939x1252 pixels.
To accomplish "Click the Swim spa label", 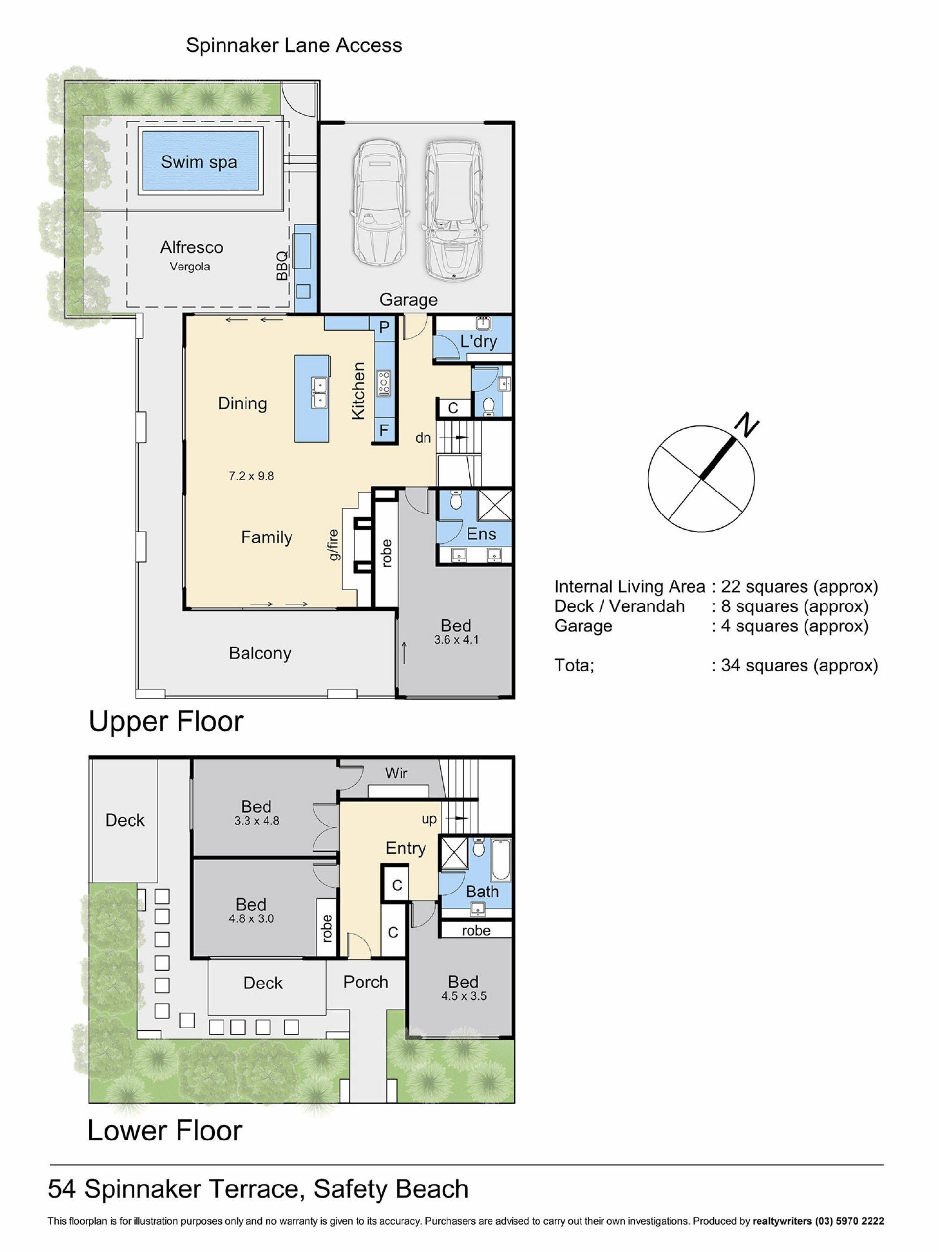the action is point(199,162).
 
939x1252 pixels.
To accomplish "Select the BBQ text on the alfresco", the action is point(282,266).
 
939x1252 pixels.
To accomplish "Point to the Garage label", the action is point(408,299).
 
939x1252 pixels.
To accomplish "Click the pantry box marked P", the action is point(384,327).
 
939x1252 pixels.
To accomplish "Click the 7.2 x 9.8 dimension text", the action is point(251,476).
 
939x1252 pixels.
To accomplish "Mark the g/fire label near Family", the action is point(334,544).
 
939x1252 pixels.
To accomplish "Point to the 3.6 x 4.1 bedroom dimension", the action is point(456,640).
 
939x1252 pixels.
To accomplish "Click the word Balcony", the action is point(260,653).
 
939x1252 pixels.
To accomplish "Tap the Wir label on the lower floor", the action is point(396,773).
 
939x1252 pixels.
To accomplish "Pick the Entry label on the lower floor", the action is point(406,848).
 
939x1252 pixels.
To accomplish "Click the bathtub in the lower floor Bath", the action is point(500,859).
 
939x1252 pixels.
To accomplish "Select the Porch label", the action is point(366,982).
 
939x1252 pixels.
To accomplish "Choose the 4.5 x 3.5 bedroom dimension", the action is point(464,996).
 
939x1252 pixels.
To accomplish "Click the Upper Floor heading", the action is point(166,722).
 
